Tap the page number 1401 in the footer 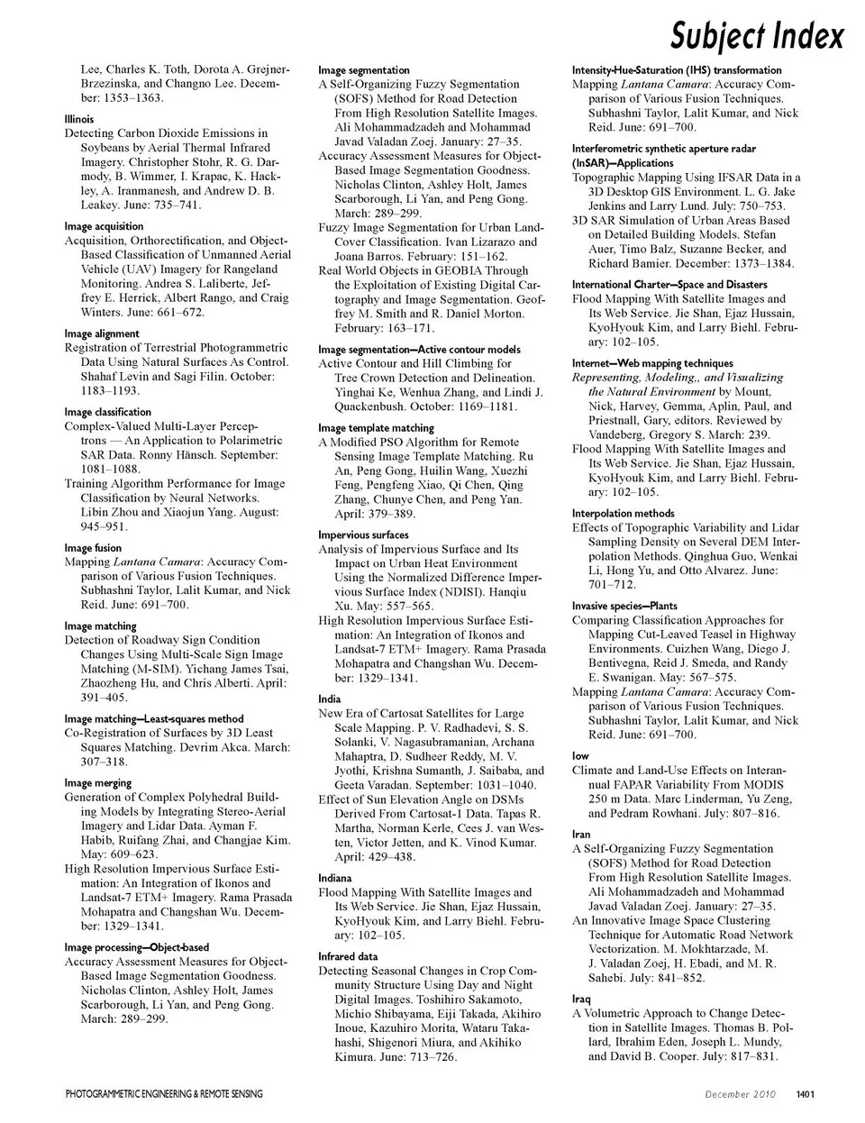[806, 1094]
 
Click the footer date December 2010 [741, 1094]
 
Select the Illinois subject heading [78, 119]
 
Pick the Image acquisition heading [104, 226]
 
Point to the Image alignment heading [102, 333]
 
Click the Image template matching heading [376, 428]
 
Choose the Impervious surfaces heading [357, 534]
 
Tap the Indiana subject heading [335, 878]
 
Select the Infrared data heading [348, 956]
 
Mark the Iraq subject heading [581, 999]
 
